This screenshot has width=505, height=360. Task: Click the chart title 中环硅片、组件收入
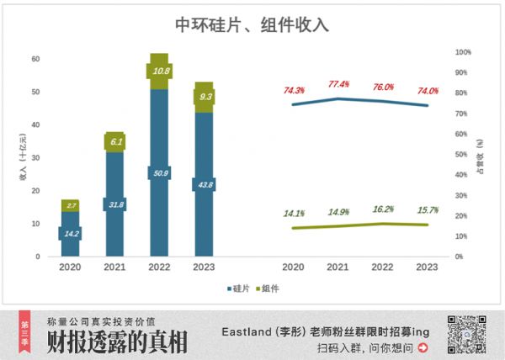coord(252,25)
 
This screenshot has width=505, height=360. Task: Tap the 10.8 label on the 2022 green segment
coord(159,71)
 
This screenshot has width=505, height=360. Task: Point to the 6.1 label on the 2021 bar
coord(115,142)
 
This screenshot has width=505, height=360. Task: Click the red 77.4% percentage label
coord(338,84)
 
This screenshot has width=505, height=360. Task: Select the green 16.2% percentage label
coord(383,209)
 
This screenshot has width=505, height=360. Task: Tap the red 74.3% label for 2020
coord(294,90)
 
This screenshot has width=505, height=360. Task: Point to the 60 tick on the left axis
coord(36,59)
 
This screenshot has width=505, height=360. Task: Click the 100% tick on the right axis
coord(463,52)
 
